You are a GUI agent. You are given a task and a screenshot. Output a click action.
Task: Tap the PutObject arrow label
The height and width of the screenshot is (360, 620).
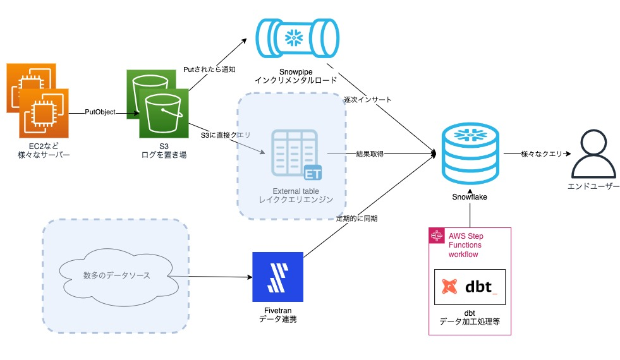(x=100, y=112)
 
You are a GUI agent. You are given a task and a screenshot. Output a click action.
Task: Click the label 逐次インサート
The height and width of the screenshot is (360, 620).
(x=368, y=100)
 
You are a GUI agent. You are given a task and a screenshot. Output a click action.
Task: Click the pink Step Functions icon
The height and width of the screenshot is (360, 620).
(x=435, y=236)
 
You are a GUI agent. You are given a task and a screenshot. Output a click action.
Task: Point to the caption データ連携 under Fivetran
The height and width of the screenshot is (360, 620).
(x=277, y=320)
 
